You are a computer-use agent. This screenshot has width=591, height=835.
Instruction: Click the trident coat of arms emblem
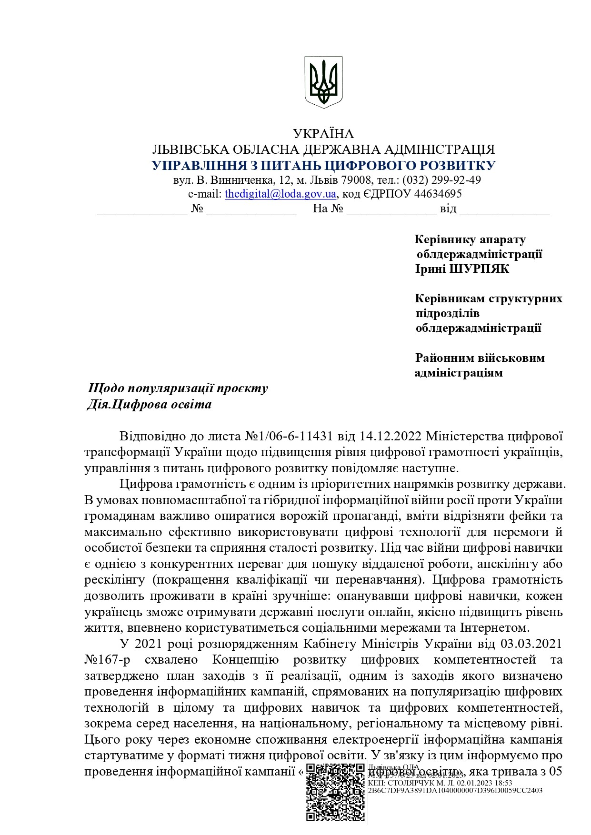coord(323,82)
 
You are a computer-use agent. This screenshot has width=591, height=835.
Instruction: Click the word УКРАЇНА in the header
coord(323,134)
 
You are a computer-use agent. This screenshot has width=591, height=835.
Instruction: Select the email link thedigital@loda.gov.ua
coord(280,194)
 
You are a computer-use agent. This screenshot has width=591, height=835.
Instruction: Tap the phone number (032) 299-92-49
coord(441,180)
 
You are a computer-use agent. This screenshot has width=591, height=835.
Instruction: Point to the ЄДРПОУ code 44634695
coord(438,194)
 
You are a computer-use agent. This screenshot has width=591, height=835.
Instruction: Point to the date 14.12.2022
coord(391,436)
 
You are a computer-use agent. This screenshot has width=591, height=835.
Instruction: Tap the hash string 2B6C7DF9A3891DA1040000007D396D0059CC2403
coord(455,790)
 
